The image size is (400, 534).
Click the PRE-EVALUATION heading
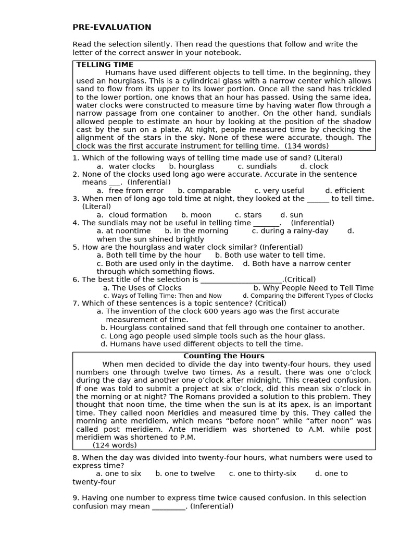[112, 27]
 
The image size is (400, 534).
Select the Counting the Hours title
[223, 356]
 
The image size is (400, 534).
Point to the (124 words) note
[115, 445]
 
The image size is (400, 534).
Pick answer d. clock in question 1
[314, 166]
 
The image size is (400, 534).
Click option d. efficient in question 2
[345, 191]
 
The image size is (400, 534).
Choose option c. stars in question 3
[248, 215]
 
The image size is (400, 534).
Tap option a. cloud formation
[132, 215]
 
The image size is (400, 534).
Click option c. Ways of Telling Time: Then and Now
[162, 296]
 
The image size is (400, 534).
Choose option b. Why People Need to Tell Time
[314, 288]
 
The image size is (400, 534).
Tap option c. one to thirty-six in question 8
[262, 474]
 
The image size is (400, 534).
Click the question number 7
[76, 304]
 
